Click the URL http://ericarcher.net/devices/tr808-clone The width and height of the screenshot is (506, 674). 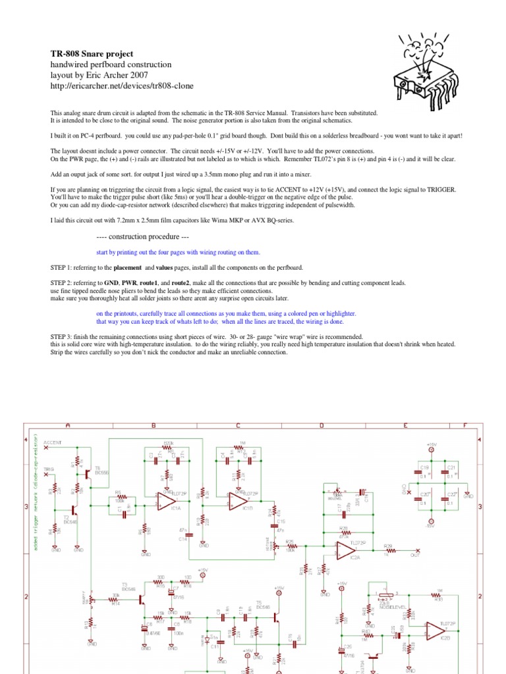click(x=122, y=86)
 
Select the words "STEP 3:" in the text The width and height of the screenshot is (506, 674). click(x=63, y=336)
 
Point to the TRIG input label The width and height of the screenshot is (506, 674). click(x=49, y=469)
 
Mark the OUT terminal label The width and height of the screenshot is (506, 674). click(x=415, y=556)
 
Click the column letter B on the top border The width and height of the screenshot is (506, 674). click(x=154, y=425)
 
